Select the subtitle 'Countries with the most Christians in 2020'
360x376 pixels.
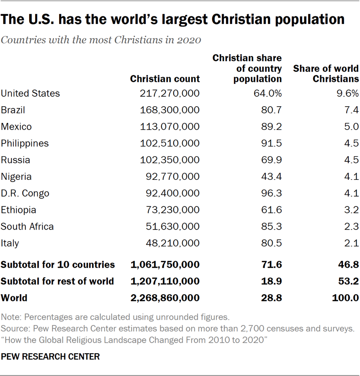[101, 41]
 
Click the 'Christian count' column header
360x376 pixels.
[165, 79]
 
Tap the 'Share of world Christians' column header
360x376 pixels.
[326, 73]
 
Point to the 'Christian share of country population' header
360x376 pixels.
[247, 68]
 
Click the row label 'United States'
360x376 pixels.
[30, 93]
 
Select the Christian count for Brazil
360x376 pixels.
[170, 110]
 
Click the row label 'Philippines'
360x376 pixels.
[25, 143]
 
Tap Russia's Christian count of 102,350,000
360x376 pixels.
[170, 160]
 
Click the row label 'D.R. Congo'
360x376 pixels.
[25, 194]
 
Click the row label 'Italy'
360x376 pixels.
[10, 244]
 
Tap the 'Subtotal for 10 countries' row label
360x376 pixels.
[58, 265]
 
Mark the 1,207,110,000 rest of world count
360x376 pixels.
[165, 281]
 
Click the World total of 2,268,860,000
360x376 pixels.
[165, 298]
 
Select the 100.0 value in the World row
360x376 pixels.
[345, 298]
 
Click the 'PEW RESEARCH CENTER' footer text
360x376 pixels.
[50, 356]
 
